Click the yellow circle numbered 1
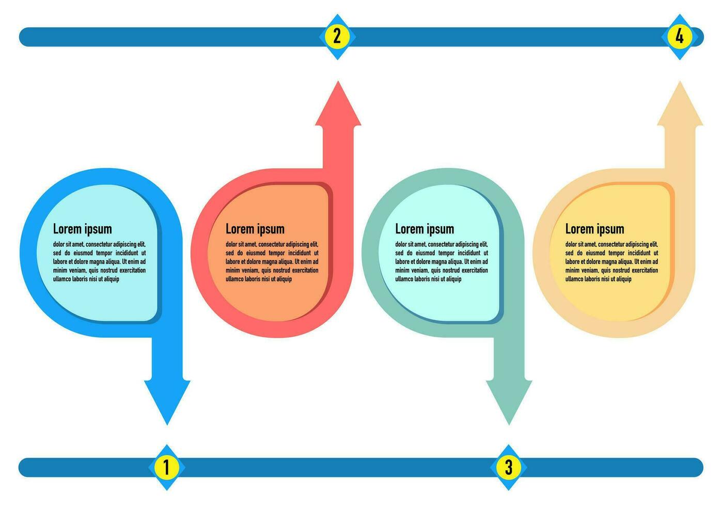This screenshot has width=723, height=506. (x=166, y=467)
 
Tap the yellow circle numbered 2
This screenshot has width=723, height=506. (x=337, y=37)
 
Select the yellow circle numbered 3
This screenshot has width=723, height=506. (x=508, y=467)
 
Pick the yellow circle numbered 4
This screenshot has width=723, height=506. (x=680, y=37)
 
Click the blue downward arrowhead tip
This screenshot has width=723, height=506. (x=167, y=424)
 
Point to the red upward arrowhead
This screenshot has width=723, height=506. (x=338, y=103)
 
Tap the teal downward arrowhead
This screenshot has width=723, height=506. (x=509, y=403)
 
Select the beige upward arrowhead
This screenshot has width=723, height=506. (x=680, y=103)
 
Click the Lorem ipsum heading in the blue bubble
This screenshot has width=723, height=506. (x=82, y=229)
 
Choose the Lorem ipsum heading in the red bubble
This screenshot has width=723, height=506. (x=255, y=229)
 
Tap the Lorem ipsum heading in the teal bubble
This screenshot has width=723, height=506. (x=425, y=229)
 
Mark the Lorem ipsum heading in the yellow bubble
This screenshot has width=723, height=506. (x=594, y=229)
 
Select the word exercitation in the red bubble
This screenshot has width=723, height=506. (x=305, y=270)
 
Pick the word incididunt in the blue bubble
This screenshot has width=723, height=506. (x=127, y=253)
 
